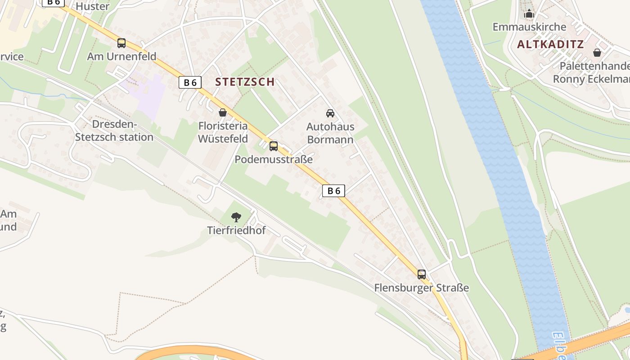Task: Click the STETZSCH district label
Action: tap(245, 81)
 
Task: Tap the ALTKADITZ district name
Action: tap(550, 44)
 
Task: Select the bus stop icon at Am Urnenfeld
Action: tap(121, 43)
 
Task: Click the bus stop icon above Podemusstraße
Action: tap(274, 146)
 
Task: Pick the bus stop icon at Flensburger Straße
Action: tap(422, 274)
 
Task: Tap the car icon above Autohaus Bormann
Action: tap(330, 113)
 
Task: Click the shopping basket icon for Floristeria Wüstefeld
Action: tap(223, 112)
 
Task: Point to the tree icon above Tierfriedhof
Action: tap(236, 217)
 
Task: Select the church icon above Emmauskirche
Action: tap(529, 14)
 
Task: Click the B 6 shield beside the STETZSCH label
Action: tap(190, 82)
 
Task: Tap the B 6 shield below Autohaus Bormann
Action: tap(333, 191)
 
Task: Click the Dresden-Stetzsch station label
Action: tap(114, 130)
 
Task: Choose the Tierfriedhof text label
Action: tap(236, 230)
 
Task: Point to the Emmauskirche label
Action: tap(529, 27)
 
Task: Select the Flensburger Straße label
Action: tap(422, 288)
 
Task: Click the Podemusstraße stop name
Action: tap(274, 159)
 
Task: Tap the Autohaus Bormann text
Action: tap(330, 133)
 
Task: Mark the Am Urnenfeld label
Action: tap(121, 56)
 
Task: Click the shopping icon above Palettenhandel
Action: tap(597, 53)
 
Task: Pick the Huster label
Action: tap(93, 6)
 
